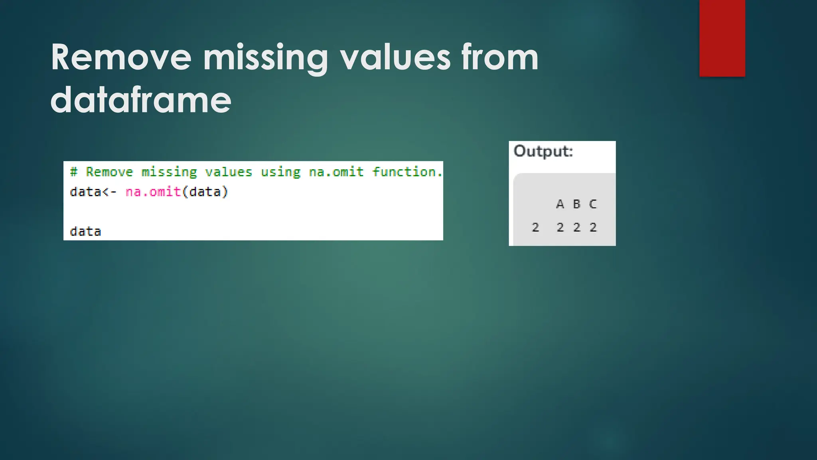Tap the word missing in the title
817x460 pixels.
point(265,59)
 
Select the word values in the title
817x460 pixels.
point(395,57)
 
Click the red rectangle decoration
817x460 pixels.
point(722,38)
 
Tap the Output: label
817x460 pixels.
point(543,151)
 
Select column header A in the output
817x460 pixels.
point(560,204)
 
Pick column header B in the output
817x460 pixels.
point(576,204)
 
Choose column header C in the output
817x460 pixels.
point(593,204)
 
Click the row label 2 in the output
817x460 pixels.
point(535,228)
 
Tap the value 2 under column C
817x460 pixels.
point(593,228)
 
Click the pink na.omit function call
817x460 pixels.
point(153,192)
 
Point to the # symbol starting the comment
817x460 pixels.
point(73,172)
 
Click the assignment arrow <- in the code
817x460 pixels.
point(109,192)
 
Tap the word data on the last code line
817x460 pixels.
point(85,232)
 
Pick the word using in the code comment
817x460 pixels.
point(280,172)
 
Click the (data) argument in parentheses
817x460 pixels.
point(205,192)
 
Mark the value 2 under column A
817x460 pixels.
point(560,228)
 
